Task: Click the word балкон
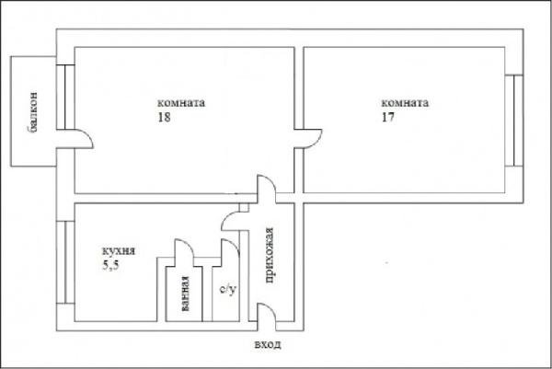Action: coord(32,112)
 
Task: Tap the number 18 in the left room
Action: coord(164,117)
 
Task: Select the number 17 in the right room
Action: coord(388,117)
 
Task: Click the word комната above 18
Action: coord(181,103)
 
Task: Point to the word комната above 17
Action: coord(405,103)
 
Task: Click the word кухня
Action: coord(119,251)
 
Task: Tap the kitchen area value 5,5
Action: coord(110,265)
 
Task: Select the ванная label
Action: coord(186,294)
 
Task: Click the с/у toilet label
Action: coord(227,290)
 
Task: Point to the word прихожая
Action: coord(269,255)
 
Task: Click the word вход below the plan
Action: coord(268,344)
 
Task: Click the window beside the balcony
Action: coord(65,97)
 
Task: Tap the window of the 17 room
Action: coord(514,121)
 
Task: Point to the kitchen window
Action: coord(65,262)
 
